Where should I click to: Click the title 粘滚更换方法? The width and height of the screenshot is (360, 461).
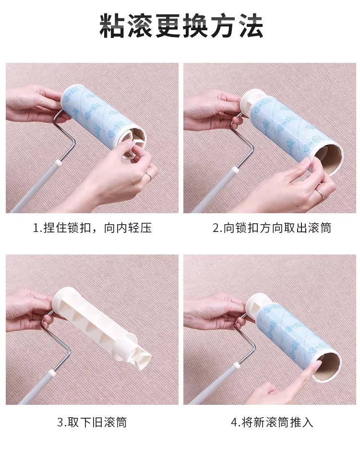pos(181,26)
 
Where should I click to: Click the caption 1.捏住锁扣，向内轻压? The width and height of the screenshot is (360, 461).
pos(92,228)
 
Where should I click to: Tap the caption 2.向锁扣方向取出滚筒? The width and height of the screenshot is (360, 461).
pos(272,228)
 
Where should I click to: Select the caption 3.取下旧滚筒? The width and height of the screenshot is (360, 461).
pos(92,422)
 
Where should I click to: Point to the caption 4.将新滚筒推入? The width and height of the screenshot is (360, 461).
pos(272,422)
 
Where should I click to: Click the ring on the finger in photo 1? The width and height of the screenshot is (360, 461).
pos(149,177)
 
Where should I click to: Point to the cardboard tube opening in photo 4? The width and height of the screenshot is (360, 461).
pos(327,366)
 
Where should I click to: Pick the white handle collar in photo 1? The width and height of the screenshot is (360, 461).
pos(58,162)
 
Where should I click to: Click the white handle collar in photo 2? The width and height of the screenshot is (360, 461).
pos(235,170)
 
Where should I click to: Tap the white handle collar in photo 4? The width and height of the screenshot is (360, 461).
pos(237,366)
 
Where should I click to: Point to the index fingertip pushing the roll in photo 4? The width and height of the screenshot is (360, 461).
pos(316,365)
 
